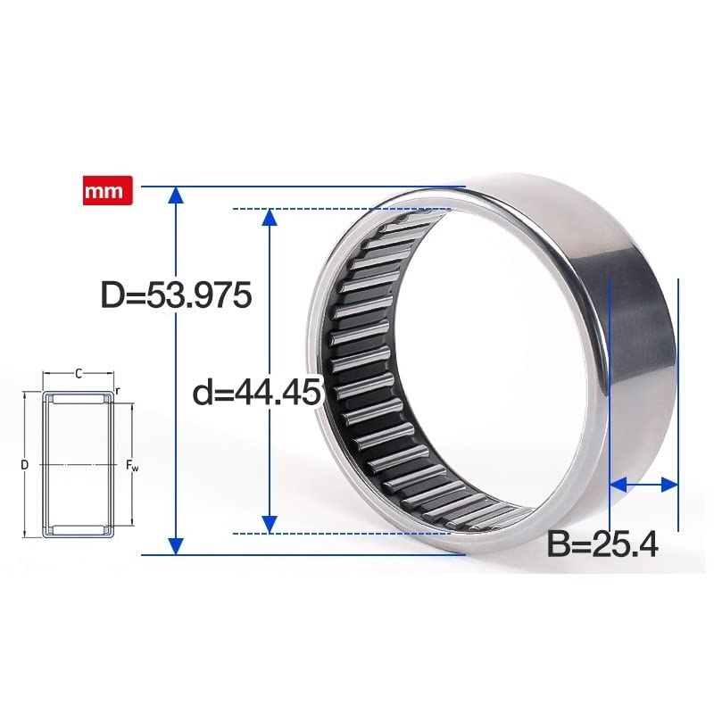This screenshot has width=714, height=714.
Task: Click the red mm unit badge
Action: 108,191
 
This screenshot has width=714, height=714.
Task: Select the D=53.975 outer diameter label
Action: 177,295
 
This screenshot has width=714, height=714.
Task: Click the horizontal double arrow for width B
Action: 643,485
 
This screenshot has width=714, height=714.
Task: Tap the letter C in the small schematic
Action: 79,373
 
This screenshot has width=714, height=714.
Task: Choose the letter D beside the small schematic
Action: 25,464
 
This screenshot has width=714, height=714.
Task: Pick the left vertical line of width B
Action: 609,402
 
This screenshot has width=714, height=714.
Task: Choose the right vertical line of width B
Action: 679,402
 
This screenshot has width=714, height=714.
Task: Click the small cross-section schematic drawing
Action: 79,464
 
